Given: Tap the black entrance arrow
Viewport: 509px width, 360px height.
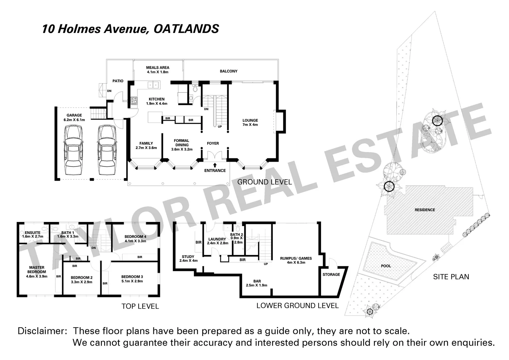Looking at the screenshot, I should pyautogui.click(x=215, y=165).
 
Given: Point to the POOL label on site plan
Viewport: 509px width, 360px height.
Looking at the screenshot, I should pyautogui.click(x=386, y=266).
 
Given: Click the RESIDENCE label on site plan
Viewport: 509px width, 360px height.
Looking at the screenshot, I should pyautogui.click(x=425, y=210).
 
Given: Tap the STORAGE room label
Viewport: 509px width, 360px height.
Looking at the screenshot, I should pyautogui.click(x=331, y=275).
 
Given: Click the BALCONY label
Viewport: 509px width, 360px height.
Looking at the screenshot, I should pyautogui.click(x=229, y=71).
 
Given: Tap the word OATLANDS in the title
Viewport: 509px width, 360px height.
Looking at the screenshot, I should pyautogui.click(x=186, y=29).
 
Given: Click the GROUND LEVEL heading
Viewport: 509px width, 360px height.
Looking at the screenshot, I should pyautogui.click(x=264, y=182).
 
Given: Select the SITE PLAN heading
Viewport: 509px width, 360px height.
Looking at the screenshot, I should pyautogui.click(x=451, y=277).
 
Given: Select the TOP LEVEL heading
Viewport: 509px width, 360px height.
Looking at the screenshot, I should pyautogui.click(x=140, y=306).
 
